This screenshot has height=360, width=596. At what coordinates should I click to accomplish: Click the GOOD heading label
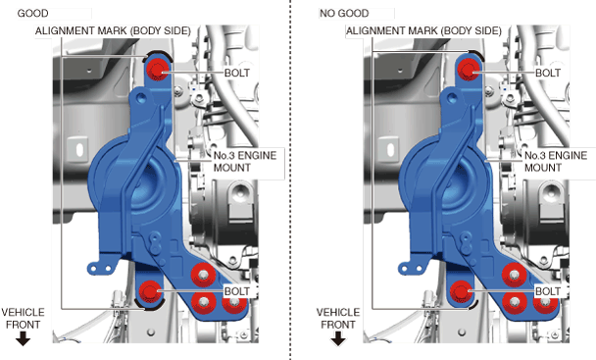pyautogui.click(x=32, y=14)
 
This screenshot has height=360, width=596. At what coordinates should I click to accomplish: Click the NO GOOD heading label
pyautogui.click(x=344, y=14)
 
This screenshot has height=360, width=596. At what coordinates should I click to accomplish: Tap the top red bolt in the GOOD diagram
pyautogui.click(x=158, y=70)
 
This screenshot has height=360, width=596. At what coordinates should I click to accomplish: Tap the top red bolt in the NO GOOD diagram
pyautogui.click(x=469, y=70)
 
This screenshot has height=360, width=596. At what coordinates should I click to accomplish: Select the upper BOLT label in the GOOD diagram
pyautogui.click(x=237, y=73)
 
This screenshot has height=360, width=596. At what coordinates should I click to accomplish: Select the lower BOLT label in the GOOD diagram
pyautogui.click(x=237, y=291)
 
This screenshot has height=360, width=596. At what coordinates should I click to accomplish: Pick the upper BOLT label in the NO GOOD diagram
pyautogui.click(x=548, y=73)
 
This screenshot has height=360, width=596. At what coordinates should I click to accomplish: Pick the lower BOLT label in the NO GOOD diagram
pyautogui.click(x=548, y=291)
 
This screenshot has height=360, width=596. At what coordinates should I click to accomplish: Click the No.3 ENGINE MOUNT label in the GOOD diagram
pyautogui.click(x=245, y=161)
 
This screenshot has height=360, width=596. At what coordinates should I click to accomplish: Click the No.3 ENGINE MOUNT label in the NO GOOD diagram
pyautogui.click(x=556, y=161)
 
